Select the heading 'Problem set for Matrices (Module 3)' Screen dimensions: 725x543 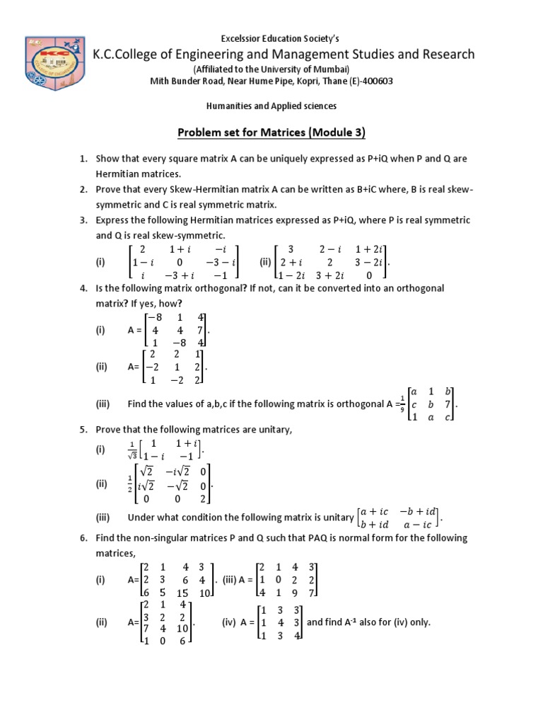(271, 132)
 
